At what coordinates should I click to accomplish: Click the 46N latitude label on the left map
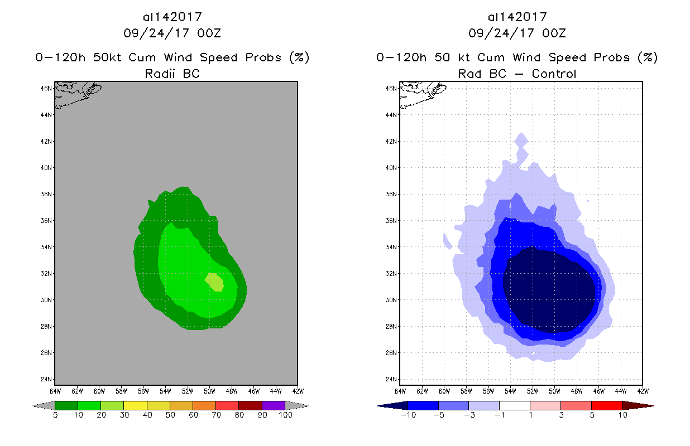(x=49, y=88)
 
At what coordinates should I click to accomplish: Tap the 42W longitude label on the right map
(x=643, y=391)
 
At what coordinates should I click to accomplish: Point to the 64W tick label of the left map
(x=55, y=391)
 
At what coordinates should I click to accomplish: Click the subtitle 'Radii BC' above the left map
(x=172, y=74)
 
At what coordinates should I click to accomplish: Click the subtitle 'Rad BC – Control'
(x=517, y=74)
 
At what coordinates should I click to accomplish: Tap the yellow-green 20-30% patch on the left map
(x=215, y=282)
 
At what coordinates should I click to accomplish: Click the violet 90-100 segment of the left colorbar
(x=274, y=405)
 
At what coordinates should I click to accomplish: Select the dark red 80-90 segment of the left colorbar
(x=250, y=405)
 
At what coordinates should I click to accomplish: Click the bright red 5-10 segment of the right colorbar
(x=606, y=405)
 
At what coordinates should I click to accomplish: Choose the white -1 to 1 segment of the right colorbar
(x=514, y=405)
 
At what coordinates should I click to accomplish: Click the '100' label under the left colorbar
(x=285, y=415)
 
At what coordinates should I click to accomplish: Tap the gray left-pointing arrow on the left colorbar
(x=42, y=405)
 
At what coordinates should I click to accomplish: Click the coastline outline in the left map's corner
(x=75, y=92)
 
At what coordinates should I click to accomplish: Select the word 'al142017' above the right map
(x=517, y=17)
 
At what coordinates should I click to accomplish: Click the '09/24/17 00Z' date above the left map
(x=172, y=33)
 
